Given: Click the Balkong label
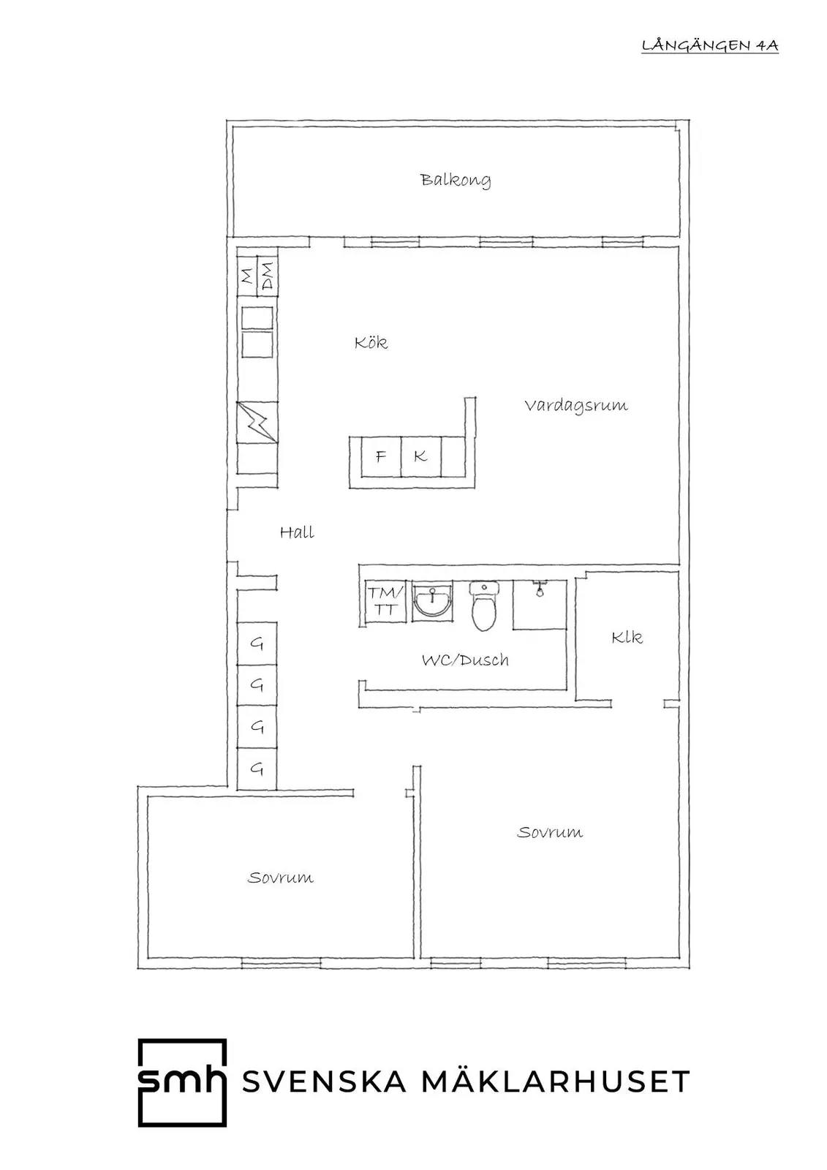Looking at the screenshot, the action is pos(456,181).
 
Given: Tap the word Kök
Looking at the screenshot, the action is pos(371,343).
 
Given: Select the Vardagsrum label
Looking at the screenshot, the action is pos(575,407).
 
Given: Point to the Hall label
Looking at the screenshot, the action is pos(297,532).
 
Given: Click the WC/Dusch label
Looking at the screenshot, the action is pos(465,660).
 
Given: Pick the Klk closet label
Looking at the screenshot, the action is pos(627,637).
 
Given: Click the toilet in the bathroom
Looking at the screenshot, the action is pos(484,606).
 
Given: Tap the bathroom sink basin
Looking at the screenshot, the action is pos(433,601).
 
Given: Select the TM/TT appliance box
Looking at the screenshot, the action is pos(385,601).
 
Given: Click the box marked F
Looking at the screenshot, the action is pos(381,456).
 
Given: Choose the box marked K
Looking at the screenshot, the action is pos(421,456).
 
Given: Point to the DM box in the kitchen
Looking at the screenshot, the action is pos(268,276).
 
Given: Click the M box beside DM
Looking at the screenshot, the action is pos(247,276).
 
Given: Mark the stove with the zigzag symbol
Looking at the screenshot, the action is pos(257,422).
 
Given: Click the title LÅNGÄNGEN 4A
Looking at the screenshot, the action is pos(710,46).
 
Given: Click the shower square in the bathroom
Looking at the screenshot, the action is pos(540,604).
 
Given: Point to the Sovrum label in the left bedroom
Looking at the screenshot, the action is pos(281,877).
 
